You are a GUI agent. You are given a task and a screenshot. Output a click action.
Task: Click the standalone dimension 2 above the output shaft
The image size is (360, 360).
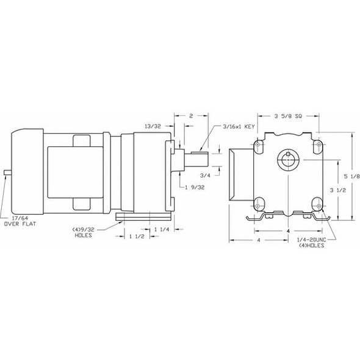point(191,115)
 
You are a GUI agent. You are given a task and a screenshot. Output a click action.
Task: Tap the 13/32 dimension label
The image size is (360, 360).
point(153,126)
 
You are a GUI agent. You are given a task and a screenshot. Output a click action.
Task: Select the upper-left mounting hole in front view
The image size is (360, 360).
point(261,147)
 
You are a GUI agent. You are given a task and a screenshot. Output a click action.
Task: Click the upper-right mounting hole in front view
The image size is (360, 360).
point(316,147)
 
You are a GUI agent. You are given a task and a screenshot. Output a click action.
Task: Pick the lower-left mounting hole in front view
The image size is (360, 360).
point(261,203)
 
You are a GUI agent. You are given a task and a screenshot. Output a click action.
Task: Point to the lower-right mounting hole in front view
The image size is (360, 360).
point(316,203)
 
